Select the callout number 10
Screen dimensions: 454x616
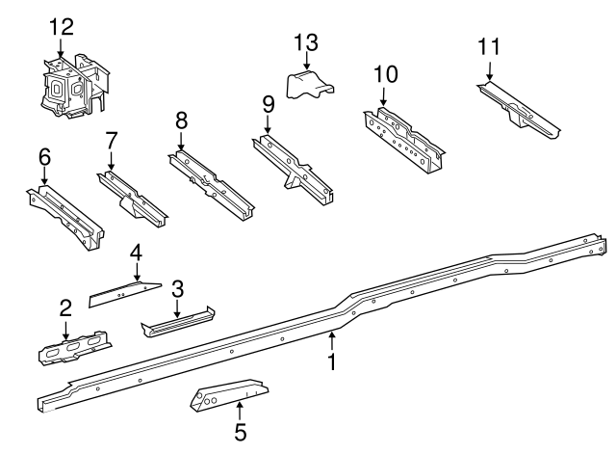click(x=385, y=73)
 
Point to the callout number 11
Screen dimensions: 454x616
click(x=489, y=47)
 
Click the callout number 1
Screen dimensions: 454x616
click(x=332, y=362)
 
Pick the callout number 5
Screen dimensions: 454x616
click(x=240, y=432)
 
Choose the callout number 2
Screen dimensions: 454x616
click(x=65, y=308)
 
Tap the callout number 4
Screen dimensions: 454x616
click(x=136, y=254)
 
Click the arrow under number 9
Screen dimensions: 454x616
click(x=268, y=125)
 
